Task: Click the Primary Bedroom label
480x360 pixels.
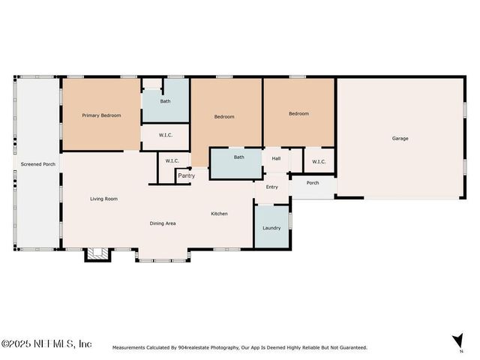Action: pos(101,115)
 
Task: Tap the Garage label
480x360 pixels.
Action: pos(400,138)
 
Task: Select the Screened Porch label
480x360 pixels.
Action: pos(38,164)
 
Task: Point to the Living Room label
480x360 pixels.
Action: pos(103,199)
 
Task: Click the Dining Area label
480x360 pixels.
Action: pos(163,223)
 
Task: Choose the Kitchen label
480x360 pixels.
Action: pos(219,214)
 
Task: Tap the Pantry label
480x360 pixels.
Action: pos(187,175)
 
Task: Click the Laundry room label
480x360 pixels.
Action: pos(271,228)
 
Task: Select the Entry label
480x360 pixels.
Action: pos(271,187)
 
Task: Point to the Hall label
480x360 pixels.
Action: pos(276,158)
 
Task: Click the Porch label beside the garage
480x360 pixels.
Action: pos(313,183)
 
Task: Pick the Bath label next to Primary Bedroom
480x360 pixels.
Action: pos(165,101)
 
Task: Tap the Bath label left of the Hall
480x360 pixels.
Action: pos(239,157)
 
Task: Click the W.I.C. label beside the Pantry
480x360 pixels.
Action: pos(172,161)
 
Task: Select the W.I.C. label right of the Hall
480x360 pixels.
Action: pos(319,162)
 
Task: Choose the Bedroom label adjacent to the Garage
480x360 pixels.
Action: pos(298,113)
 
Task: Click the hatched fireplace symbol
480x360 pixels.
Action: pos(97,253)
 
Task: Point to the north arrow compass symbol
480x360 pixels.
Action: pos(458,341)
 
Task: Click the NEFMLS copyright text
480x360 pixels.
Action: pos(46,343)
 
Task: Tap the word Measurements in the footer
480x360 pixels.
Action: pos(128,348)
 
